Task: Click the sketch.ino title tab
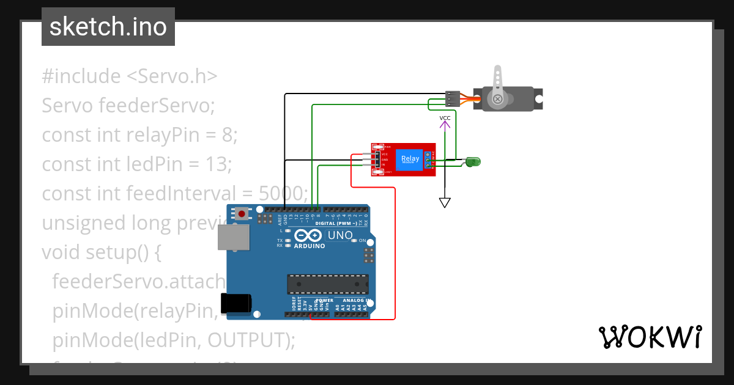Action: (x=108, y=27)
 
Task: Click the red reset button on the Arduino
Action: (x=242, y=214)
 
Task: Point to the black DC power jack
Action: (x=235, y=302)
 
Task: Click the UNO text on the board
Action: (x=340, y=235)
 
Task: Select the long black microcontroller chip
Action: (x=328, y=284)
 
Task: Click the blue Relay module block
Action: (x=409, y=159)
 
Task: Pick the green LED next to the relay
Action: (x=473, y=162)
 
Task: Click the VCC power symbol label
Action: (x=445, y=117)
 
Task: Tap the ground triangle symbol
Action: (x=445, y=202)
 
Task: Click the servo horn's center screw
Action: (x=499, y=98)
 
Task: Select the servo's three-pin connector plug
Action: (x=453, y=98)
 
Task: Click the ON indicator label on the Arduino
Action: (x=361, y=241)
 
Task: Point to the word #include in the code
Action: (x=81, y=76)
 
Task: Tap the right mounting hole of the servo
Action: (x=538, y=98)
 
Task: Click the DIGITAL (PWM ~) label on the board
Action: (x=336, y=224)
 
